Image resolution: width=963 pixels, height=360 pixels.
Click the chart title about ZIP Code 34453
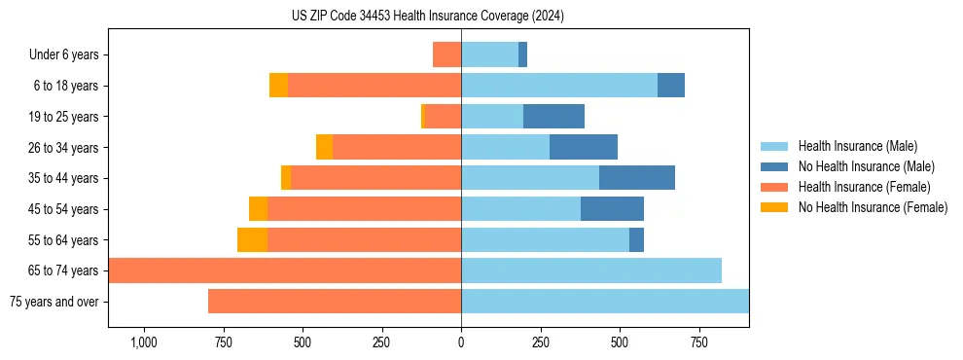tap(428, 17)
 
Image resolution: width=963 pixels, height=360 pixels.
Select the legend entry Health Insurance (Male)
tap(856, 146)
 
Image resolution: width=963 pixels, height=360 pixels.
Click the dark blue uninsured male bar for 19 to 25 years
tap(553, 117)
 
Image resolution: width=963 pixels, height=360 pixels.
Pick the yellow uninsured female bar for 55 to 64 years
tap(252, 240)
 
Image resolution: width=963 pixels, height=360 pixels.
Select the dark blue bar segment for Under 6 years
tap(522, 54)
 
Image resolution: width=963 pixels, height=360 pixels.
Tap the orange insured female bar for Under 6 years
tap(446, 54)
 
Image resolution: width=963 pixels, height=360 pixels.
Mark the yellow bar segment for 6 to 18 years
tap(278, 86)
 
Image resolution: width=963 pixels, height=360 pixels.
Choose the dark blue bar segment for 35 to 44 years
tap(637, 178)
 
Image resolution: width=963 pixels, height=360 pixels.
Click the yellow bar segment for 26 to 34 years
tap(324, 147)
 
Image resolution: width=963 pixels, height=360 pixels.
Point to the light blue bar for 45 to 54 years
tap(520, 209)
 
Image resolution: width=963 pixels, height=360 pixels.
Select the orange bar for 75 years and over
tap(335, 302)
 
